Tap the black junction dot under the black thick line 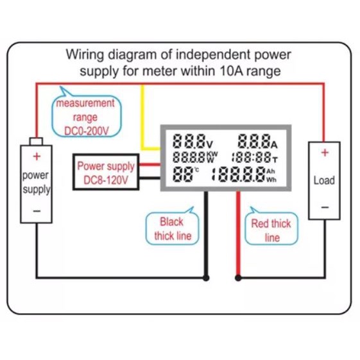tap(206, 278)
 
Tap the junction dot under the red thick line tap(238, 278)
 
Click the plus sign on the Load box tap(325, 153)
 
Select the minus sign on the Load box tap(325, 207)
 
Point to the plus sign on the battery tap(37, 157)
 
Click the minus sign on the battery tap(37, 210)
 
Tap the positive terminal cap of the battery tap(37, 141)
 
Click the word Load tap(324, 180)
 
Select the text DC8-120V tap(106, 180)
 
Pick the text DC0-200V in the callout tap(87, 132)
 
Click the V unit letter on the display tap(210, 144)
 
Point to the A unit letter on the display tap(275, 145)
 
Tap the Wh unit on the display tap(271, 180)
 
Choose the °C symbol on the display tap(197, 170)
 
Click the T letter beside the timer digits tap(275, 159)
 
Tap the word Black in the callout tap(171, 222)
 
